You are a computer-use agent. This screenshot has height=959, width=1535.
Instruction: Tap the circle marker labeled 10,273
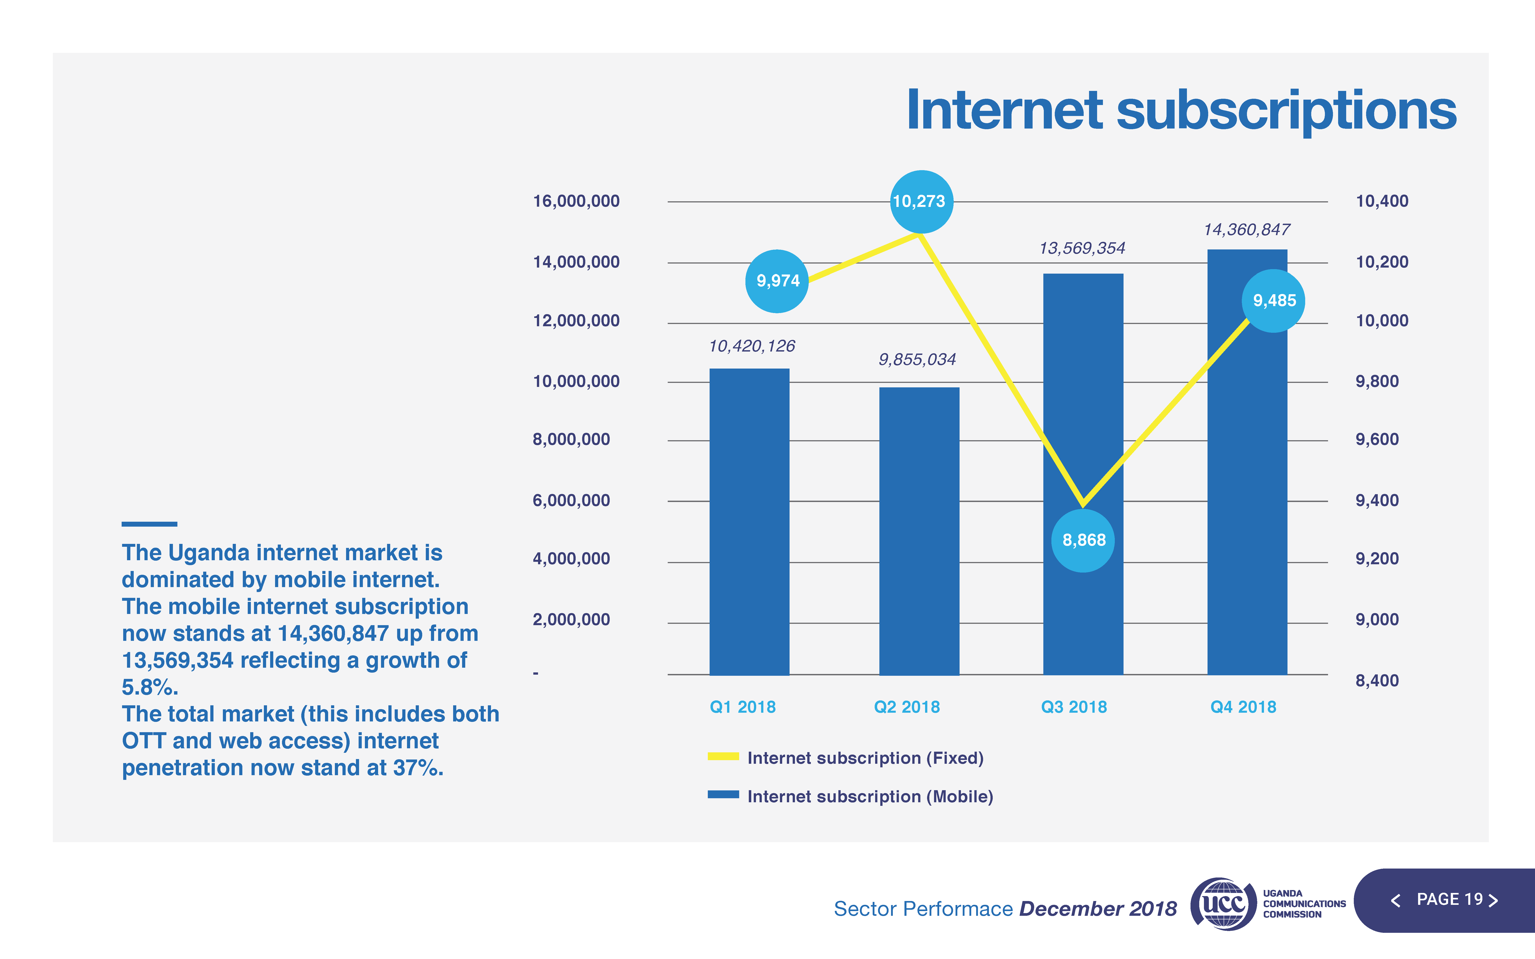coord(921,202)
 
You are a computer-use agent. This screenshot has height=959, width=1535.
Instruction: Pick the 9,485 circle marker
coord(1274,301)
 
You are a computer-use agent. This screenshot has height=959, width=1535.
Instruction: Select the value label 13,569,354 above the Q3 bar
coord(1082,248)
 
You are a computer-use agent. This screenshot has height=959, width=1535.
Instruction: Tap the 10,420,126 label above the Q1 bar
coord(752,346)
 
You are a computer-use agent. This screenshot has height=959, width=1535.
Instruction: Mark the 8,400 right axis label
coord(1376,680)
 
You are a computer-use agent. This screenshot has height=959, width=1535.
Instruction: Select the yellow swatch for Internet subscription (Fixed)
coord(723,756)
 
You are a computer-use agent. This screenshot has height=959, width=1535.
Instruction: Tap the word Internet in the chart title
coord(1004,111)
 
